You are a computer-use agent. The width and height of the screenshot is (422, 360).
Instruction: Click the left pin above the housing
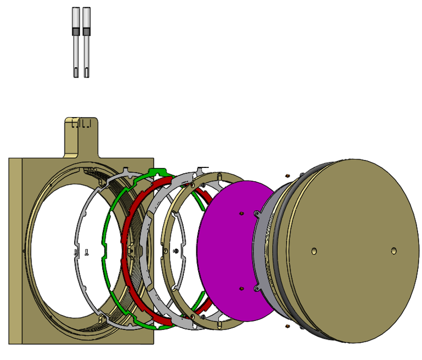[76, 44]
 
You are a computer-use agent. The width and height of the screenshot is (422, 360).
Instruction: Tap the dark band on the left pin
[76, 32]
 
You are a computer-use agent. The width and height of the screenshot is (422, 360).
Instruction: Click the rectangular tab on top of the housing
[82, 136]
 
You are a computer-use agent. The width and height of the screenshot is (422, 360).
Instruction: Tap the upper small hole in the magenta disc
[241, 213]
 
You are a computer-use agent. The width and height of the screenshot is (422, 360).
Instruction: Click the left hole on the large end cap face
[313, 251]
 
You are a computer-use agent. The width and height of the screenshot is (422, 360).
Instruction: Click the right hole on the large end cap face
[393, 251]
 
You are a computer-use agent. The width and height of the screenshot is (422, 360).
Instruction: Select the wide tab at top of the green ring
[158, 172]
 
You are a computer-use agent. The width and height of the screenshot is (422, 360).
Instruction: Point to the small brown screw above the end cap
[287, 175]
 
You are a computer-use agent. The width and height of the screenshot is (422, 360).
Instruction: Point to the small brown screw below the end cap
[287, 326]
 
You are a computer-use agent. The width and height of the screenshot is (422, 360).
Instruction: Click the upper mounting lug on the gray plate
[257, 213]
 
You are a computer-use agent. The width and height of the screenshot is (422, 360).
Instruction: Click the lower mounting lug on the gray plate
[257, 288]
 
